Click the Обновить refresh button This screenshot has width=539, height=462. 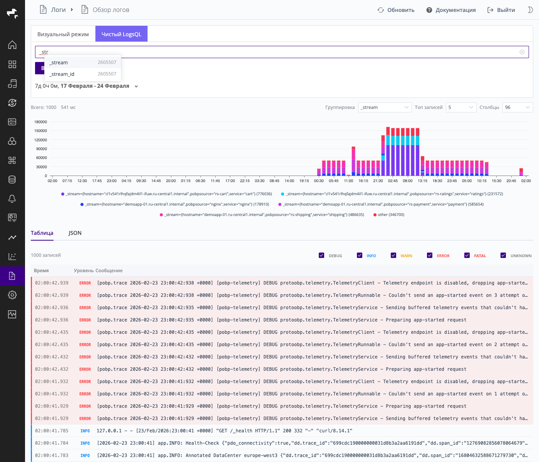(x=396, y=10)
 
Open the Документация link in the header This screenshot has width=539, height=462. (x=451, y=10)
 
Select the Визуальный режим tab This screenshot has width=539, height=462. (x=63, y=34)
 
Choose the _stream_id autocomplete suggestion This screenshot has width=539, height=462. (x=62, y=74)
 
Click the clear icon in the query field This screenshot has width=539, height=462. (x=522, y=52)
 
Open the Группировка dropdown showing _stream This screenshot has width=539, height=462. (x=385, y=107)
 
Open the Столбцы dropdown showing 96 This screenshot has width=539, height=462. (x=517, y=107)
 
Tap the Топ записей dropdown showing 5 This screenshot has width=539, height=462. (x=461, y=107)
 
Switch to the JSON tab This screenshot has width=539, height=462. (x=75, y=233)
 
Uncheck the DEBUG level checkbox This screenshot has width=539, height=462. (x=321, y=255)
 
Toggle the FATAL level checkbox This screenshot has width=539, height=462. (x=467, y=255)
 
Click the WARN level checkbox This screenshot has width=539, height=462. (x=393, y=255)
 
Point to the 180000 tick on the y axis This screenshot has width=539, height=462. (x=40, y=122)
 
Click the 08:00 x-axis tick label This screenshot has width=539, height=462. (x=407, y=181)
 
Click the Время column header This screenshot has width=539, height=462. (x=41, y=271)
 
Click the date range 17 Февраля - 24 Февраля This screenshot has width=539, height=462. (x=95, y=86)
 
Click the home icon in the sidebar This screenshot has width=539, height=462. (x=12, y=45)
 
